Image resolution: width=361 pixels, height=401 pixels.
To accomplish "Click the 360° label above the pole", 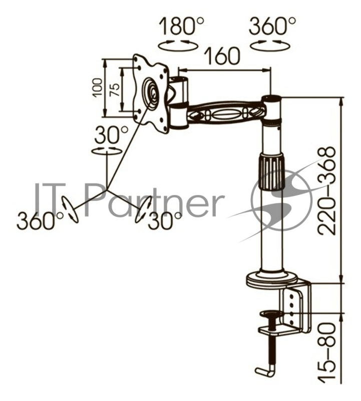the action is click(x=272, y=26).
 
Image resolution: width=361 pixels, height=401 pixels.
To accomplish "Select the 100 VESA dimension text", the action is click(x=97, y=87).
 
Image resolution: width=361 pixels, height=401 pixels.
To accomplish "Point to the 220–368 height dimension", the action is click(x=326, y=190).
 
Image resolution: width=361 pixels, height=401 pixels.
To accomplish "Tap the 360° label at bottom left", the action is click(x=40, y=221).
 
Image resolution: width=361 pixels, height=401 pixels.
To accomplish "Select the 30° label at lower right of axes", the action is click(x=165, y=221).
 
